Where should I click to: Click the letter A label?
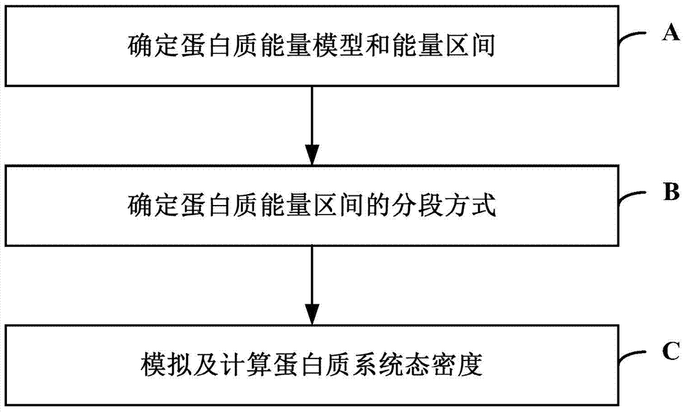point(671,32)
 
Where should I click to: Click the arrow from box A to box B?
point(312,125)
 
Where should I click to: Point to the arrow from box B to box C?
point(312,285)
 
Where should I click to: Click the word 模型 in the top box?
point(338,46)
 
